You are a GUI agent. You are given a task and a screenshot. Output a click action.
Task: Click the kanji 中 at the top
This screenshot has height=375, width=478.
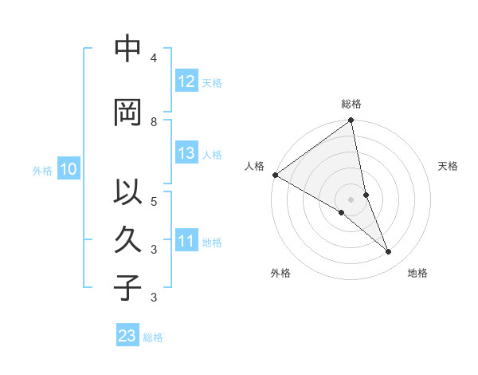coord(127,49)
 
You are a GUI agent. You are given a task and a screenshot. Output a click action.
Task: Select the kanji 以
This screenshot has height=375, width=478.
coord(127,193)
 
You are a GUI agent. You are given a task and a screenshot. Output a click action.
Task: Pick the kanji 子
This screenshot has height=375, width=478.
coord(127,287)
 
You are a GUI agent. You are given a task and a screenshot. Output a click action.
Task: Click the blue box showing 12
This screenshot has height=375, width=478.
coord(186,81)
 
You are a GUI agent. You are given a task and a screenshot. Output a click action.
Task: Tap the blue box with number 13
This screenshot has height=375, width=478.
coord(186,153)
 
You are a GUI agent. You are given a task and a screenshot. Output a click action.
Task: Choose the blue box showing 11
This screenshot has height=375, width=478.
coord(186,241)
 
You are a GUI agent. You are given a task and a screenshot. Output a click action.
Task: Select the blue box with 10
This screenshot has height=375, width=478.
coord(68,169)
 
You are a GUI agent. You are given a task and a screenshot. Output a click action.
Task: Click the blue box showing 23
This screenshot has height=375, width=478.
coord(127,336)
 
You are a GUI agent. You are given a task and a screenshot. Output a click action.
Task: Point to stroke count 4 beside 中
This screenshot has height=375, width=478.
coord(154,58)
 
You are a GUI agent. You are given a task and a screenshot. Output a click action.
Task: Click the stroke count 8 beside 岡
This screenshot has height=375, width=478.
coord(154,121)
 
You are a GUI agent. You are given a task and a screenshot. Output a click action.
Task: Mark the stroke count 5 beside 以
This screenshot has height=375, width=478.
coord(154,201)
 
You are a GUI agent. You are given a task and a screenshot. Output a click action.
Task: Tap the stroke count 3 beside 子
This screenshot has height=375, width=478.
coord(154,298)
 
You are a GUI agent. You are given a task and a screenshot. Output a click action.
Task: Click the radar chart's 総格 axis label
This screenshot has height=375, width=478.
coord(351,104)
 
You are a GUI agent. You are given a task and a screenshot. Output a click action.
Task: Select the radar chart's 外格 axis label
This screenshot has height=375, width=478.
coord(280,273)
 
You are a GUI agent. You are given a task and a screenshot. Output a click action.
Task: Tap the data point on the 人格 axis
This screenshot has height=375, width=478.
coord(275,175)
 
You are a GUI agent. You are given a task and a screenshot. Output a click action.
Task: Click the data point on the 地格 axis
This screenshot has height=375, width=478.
coord(389,252)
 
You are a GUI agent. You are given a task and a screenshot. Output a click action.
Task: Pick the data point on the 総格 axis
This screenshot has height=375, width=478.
coord(351,121)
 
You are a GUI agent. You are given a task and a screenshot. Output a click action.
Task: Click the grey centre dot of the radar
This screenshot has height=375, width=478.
coord(351,199)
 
